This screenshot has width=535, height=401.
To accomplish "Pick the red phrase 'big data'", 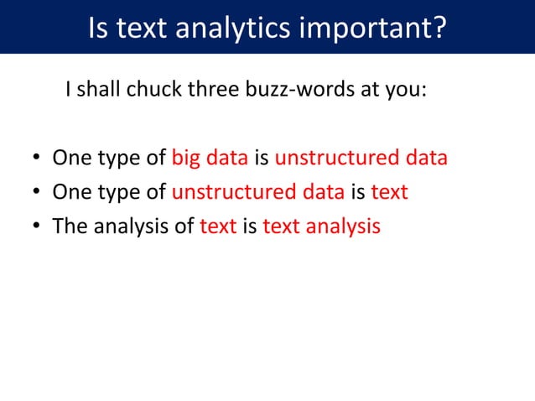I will pyautogui.click(x=205, y=159).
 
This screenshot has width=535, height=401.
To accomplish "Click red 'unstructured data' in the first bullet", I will pyautogui.click(x=361, y=159).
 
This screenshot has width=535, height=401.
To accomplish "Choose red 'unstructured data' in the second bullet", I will pyautogui.click(x=257, y=192).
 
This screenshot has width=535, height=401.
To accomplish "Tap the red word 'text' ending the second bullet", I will pyautogui.click(x=389, y=192).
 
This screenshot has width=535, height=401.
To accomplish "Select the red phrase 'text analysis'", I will pyautogui.click(x=321, y=226).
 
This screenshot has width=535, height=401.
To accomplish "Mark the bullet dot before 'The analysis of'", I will pyautogui.click(x=37, y=227).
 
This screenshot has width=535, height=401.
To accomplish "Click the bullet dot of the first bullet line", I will pyautogui.click(x=37, y=159).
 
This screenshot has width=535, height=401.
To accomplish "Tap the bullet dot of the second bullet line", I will pyautogui.click(x=37, y=193).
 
